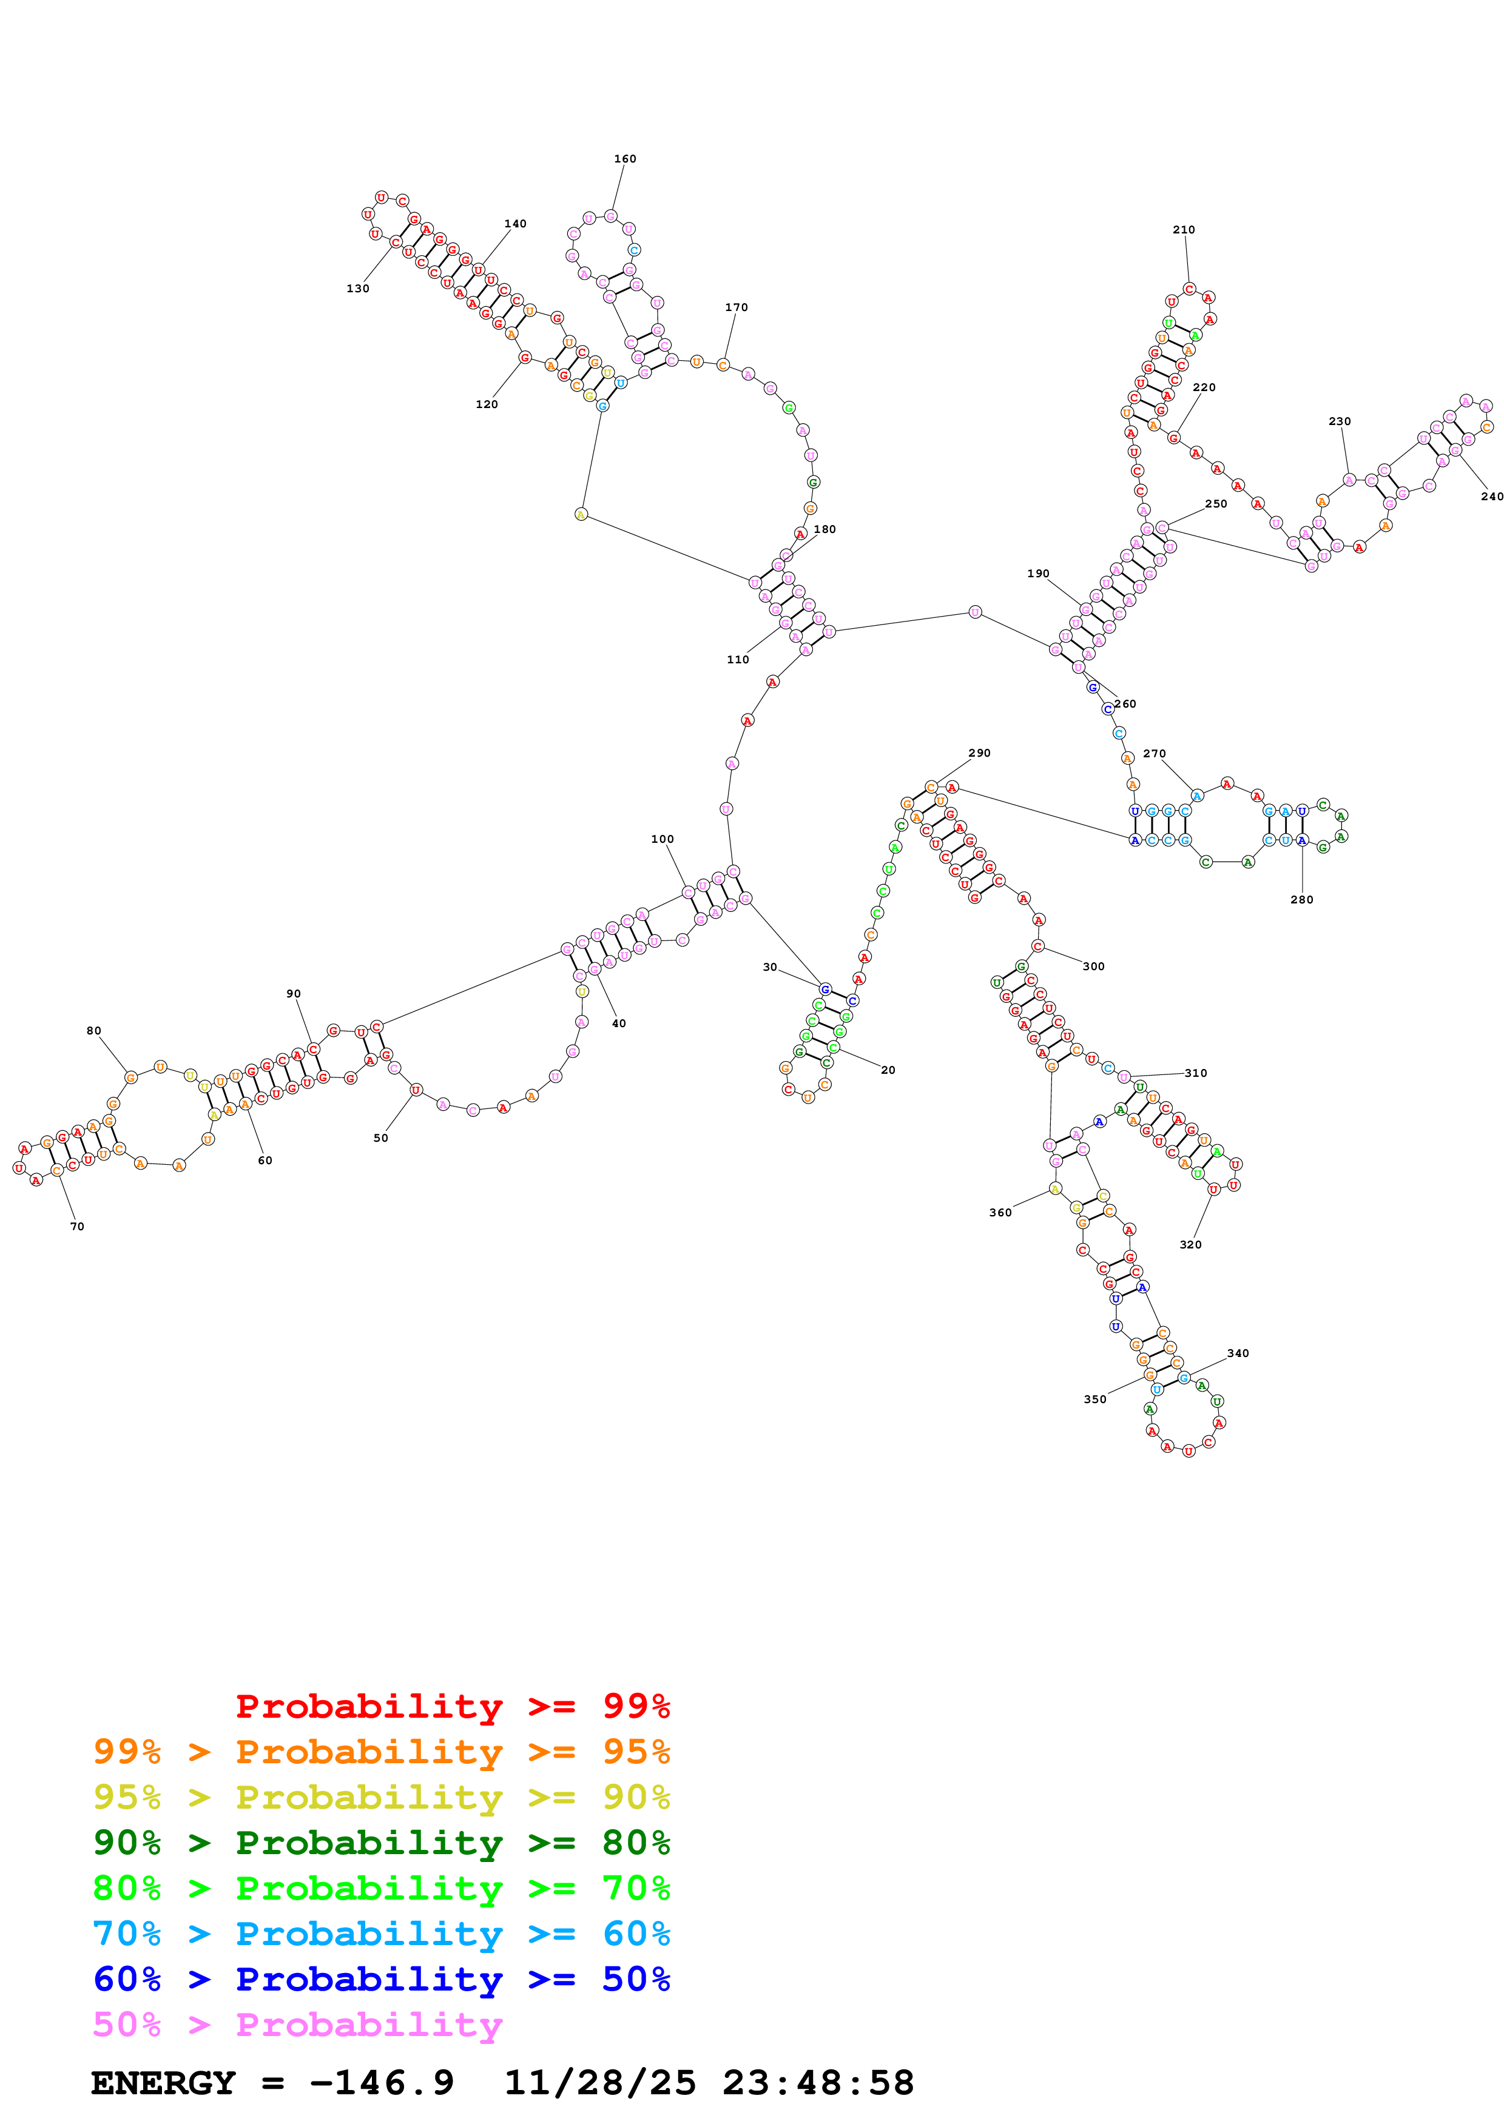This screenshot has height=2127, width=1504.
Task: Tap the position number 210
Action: [1184, 230]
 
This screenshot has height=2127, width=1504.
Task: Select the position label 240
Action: [1491, 497]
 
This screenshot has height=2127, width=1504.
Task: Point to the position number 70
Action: [77, 1227]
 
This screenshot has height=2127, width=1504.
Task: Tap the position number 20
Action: [888, 1070]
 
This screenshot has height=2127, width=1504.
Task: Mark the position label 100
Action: [662, 839]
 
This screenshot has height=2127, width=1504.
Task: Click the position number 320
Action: [1190, 1245]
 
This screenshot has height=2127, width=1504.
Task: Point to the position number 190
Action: [1038, 574]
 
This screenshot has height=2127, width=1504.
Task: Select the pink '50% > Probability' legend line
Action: [297, 2025]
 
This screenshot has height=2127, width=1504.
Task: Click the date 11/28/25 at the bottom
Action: [599, 2083]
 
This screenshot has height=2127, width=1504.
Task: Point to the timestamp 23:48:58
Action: [818, 2083]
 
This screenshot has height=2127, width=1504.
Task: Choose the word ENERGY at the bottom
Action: [163, 2083]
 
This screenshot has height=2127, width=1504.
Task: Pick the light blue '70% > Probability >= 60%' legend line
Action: [381, 1934]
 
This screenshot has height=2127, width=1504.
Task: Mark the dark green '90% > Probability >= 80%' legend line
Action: [381, 1843]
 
